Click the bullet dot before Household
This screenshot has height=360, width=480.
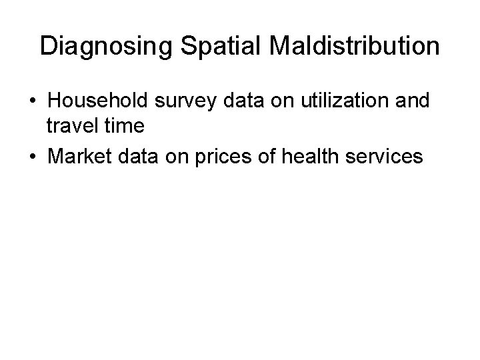point(32,101)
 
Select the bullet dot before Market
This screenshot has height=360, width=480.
point(32,157)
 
